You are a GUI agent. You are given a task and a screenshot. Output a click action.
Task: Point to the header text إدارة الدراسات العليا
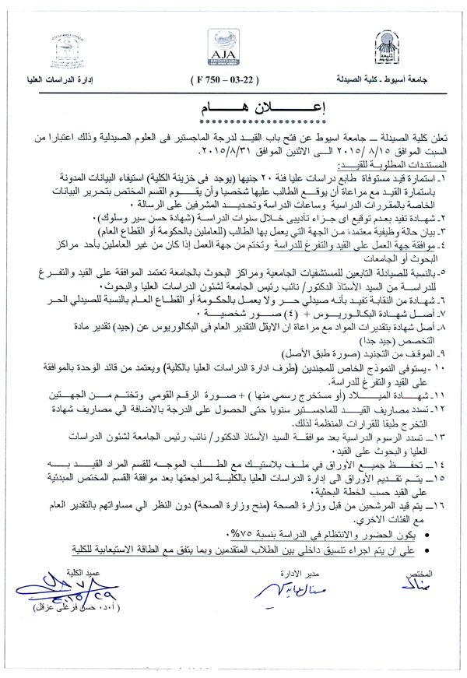68,80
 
